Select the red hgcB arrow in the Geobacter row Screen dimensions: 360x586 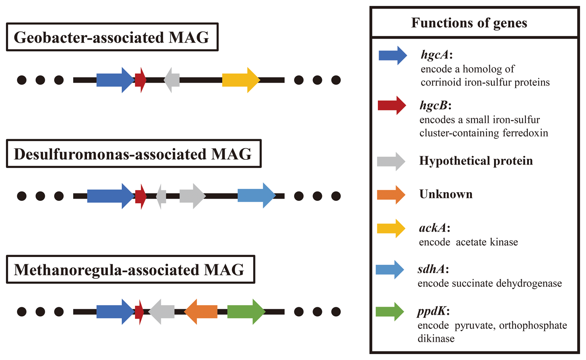click(140, 80)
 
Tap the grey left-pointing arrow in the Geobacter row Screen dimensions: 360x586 click(172, 80)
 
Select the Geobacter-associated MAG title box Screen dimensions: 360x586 click(112, 37)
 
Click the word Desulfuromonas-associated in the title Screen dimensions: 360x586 click(110, 154)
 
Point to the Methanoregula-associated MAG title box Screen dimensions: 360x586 click(130, 270)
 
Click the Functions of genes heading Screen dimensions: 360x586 click(469, 23)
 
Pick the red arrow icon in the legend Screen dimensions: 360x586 click(392, 106)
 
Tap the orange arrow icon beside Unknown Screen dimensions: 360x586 click(391, 195)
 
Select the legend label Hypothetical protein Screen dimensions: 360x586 click(476, 161)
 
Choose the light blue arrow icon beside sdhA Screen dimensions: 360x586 click(390, 270)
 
